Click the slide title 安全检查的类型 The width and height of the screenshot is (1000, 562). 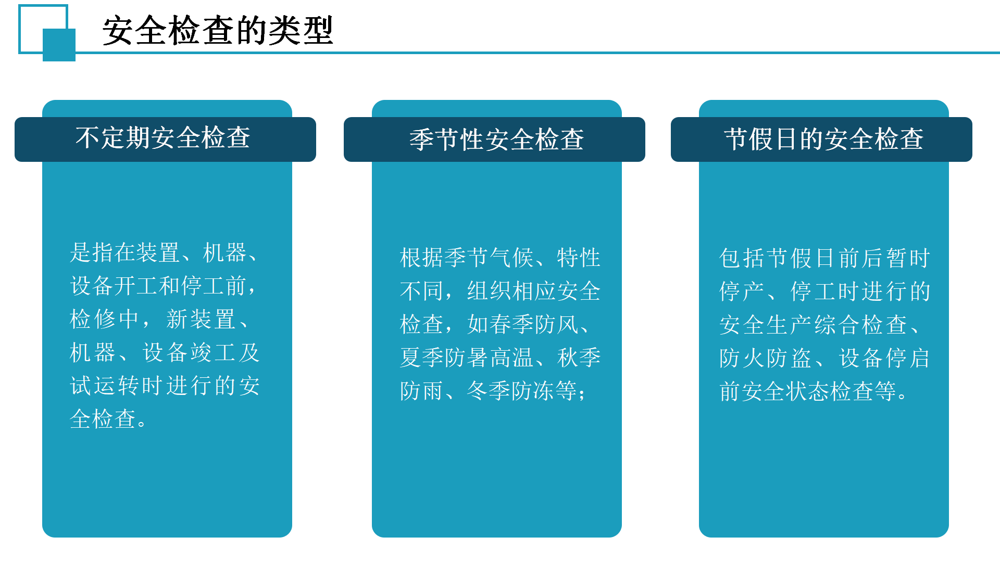point(217,31)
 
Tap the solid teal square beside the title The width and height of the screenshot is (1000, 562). point(59,45)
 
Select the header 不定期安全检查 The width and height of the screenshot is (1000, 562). point(162,138)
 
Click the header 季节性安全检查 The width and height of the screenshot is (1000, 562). point(496,139)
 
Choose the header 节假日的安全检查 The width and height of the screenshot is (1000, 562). point(823,139)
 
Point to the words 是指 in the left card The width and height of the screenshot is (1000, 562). point(92,253)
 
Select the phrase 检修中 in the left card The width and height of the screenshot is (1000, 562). point(104,320)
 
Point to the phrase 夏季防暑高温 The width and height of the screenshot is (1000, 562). point(467,358)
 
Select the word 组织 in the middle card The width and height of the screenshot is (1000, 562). point(490,291)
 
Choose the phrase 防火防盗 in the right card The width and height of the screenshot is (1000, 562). point(766,359)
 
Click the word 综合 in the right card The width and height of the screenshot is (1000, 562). point(838,325)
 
